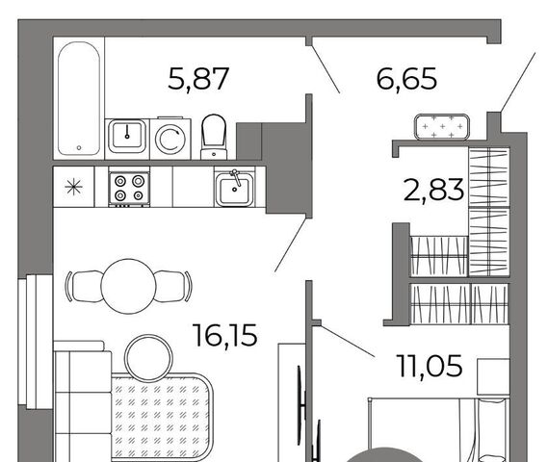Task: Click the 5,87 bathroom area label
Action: tap(198, 79)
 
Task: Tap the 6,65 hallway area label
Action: tap(406, 79)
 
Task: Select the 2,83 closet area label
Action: tap(433, 190)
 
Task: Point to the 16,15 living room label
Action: tap(225, 335)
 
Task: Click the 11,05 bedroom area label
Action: tap(430, 366)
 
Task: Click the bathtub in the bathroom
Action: tap(79, 98)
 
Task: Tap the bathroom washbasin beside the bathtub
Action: tap(127, 136)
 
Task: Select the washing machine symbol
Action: tap(170, 139)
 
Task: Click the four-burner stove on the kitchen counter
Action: tap(129, 187)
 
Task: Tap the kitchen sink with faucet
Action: tap(234, 188)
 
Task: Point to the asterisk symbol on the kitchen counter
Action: tap(74, 187)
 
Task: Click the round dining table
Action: tap(128, 287)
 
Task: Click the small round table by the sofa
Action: tap(148, 358)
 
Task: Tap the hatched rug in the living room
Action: tap(162, 418)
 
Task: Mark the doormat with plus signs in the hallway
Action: tap(442, 127)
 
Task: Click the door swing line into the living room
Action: tap(292, 244)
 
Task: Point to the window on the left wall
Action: tap(36, 342)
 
